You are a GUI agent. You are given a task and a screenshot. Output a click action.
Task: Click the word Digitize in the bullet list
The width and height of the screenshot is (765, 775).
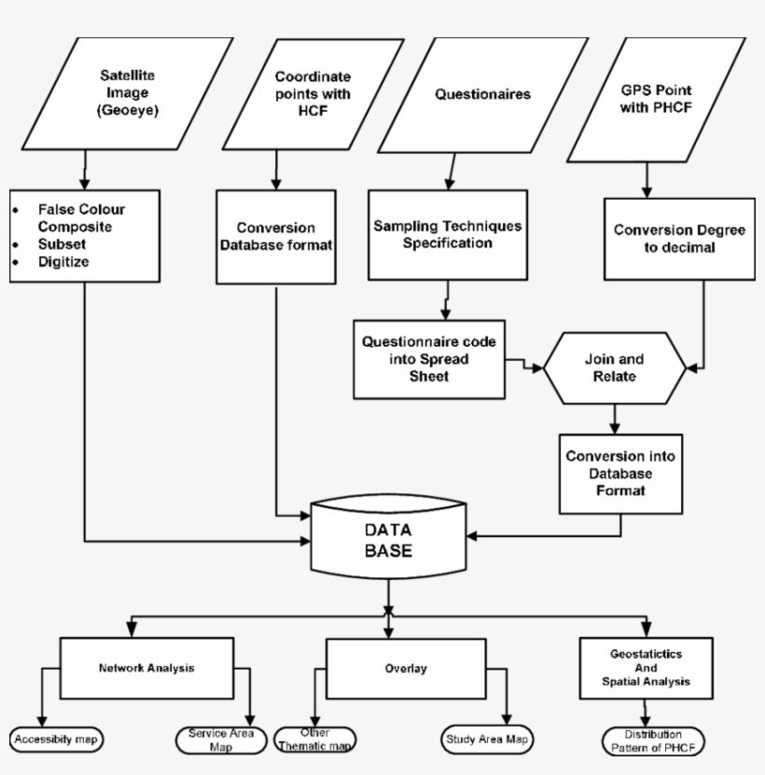coord(63,262)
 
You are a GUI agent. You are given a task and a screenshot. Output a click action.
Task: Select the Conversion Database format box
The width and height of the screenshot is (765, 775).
coord(276,236)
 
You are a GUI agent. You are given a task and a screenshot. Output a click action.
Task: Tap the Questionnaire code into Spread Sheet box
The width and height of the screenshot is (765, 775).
coord(429,358)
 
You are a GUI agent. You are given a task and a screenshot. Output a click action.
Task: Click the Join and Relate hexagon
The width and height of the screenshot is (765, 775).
coord(614,367)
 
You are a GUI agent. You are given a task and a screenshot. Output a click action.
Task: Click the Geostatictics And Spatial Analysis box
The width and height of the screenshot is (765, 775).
coord(645,668)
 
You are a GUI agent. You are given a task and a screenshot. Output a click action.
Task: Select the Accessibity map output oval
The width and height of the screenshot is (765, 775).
coord(57,740)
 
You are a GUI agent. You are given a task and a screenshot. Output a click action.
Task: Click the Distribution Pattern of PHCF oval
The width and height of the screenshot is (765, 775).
coord(652,740)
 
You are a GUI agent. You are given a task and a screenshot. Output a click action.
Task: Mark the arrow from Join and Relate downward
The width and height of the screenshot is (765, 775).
coord(614,417)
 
